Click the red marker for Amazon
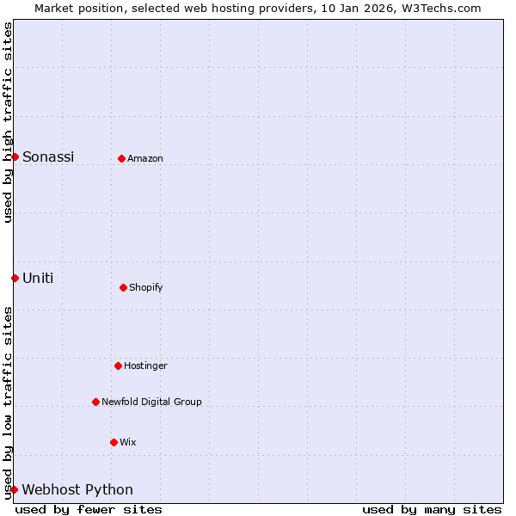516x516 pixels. click(x=122, y=158)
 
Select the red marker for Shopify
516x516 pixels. click(x=124, y=287)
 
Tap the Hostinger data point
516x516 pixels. click(x=119, y=365)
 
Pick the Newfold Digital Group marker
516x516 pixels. click(x=96, y=402)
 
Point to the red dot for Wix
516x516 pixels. click(x=114, y=442)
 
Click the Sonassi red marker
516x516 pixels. click(x=15, y=157)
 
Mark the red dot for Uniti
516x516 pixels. click(x=15, y=278)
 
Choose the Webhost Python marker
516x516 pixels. click(x=14, y=489)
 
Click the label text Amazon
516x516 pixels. click(x=145, y=158)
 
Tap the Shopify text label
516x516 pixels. click(x=146, y=287)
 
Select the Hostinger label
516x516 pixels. click(x=145, y=365)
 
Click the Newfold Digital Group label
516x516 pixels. click(x=151, y=402)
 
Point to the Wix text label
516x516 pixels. click(x=127, y=442)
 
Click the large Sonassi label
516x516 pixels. click(x=48, y=157)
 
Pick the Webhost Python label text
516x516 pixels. click(x=77, y=490)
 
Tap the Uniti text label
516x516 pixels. click(x=38, y=278)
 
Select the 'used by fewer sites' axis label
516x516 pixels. click(x=89, y=509)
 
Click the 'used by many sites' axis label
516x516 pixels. click(x=432, y=509)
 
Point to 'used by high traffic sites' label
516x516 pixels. click(x=8, y=122)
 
